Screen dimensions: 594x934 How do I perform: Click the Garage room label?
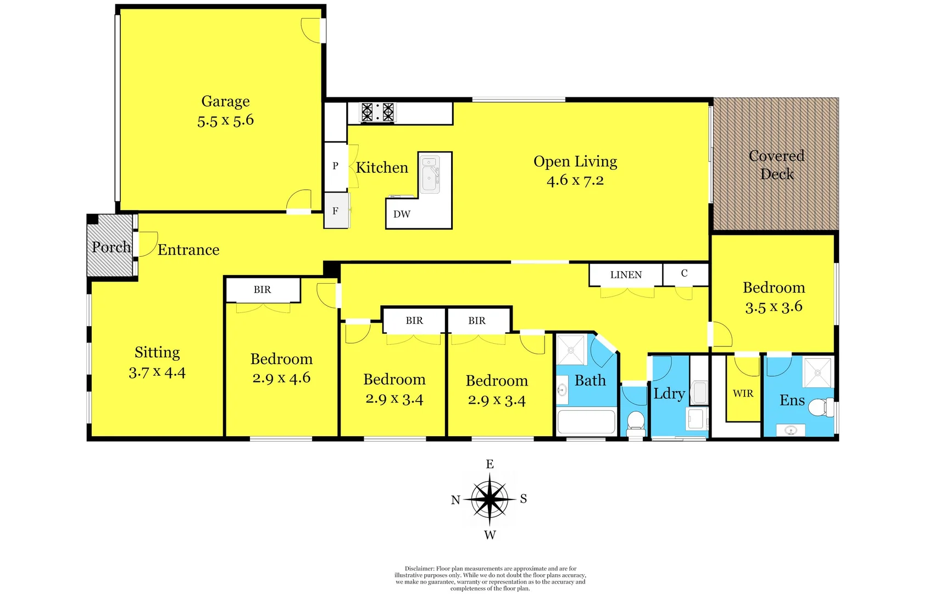(x=225, y=101)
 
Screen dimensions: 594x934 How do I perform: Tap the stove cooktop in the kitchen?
(x=377, y=112)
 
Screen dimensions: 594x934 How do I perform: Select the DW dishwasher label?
(x=402, y=215)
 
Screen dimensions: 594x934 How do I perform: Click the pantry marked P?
(x=335, y=166)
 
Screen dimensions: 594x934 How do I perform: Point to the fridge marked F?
(x=335, y=211)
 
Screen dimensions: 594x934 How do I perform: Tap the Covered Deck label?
(x=776, y=165)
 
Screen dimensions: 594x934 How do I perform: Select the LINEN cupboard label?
(x=626, y=275)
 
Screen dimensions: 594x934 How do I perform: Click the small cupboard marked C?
(x=684, y=273)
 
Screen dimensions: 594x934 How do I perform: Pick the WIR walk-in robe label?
(x=743, y=394)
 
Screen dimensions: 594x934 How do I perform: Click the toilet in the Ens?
(x=821, y=408)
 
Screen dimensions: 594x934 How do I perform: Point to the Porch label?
(x=111, y=248)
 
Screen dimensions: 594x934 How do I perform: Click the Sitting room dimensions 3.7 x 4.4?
(x=157, y=372)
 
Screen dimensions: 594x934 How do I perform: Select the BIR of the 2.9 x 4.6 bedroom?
(x=262, y=290)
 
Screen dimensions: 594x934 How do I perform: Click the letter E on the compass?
(x=490, y=464)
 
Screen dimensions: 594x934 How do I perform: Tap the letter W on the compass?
(x=490, y=535)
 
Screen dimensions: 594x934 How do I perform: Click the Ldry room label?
(x=669, y=394)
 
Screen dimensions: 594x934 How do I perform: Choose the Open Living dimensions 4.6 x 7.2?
(x=575, y=180)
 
